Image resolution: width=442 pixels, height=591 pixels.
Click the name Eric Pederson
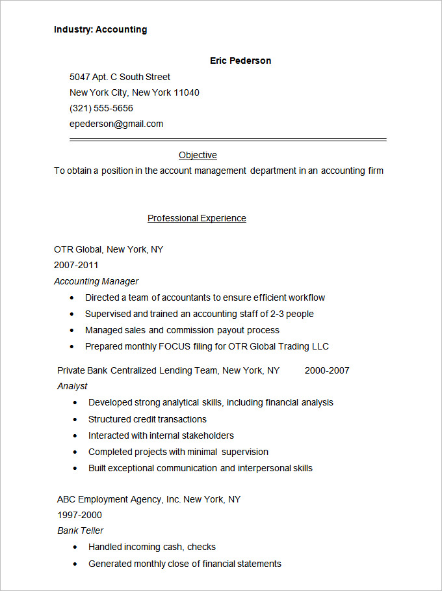click(240, 61)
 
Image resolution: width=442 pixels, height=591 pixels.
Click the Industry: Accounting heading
click(100, 29)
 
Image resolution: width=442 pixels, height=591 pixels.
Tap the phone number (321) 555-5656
click(101, 108)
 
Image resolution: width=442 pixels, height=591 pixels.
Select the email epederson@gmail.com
click(116, 124)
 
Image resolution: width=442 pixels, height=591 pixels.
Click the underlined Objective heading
click(198, 155)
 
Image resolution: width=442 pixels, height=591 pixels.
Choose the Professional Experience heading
click(196, 218)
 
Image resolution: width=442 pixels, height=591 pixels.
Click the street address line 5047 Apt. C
click(120, 77)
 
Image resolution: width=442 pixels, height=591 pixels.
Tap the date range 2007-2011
click(76, 265)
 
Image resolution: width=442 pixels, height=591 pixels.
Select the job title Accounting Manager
click(96, 281)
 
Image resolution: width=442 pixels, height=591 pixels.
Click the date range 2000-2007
click(327, 370)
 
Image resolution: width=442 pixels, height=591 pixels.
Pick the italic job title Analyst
click(72, 386)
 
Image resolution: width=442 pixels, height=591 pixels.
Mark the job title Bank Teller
click(81, 530)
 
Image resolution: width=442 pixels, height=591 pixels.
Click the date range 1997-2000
click(79, 515)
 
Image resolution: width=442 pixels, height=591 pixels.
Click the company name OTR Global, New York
click(109, 249)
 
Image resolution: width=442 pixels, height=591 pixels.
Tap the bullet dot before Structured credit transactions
click(75, 420)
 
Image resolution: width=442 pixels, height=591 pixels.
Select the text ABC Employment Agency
click(110, 499)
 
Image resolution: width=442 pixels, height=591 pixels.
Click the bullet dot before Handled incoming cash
click(75, 547)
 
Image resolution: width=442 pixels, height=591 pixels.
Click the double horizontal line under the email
click(227, 139)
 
